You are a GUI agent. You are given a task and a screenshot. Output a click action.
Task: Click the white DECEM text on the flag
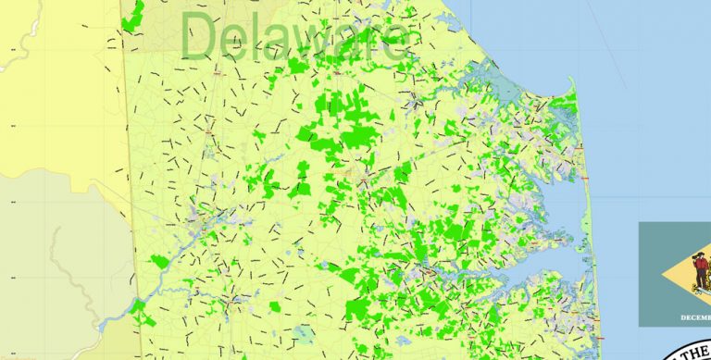pyautogui.click(x=694, y=317)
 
